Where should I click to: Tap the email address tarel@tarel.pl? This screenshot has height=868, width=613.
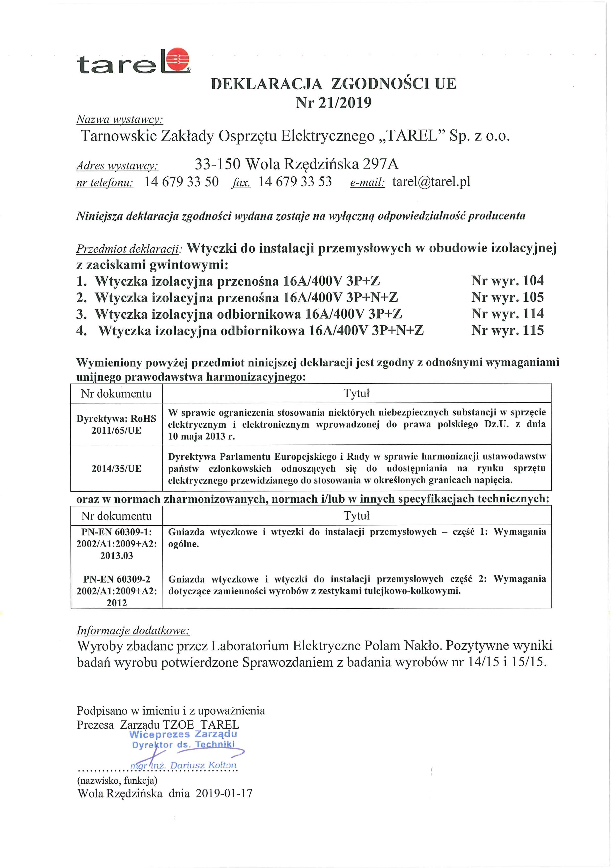[431, 182]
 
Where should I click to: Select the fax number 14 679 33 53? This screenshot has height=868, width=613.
[295, 182]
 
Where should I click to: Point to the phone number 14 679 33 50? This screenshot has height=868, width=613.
[182, 182]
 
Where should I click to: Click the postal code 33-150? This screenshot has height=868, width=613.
[218, 164]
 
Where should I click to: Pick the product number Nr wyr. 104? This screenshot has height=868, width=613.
[507, 281]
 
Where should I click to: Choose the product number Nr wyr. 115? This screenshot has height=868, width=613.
[507, 330]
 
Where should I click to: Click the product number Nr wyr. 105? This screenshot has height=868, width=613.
[507, 297]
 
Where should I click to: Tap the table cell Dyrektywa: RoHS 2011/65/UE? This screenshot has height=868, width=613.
[116, 424]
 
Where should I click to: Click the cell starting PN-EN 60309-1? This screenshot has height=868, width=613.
[116, 544]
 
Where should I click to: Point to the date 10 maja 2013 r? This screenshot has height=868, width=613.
[201, 436]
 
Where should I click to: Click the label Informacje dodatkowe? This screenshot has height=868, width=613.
[133, 630]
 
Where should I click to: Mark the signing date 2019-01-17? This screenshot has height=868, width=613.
[224, 793]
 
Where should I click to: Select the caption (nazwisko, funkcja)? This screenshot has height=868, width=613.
[117, 780]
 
